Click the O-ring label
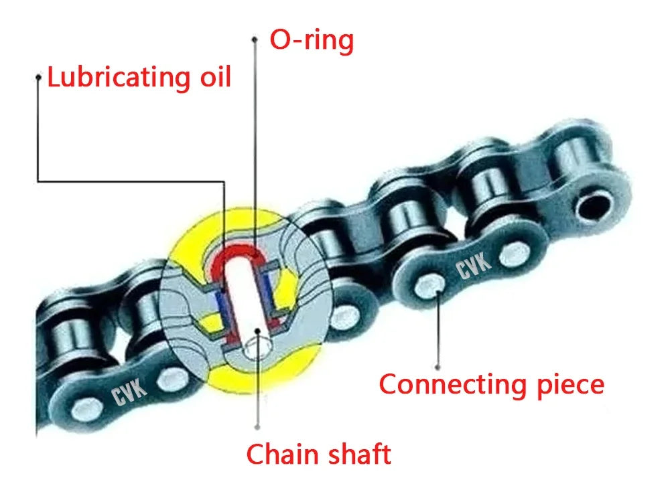coord(311,40)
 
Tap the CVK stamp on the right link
coord(474,267)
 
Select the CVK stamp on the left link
coord(129,392)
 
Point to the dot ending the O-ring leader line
coord(254,40)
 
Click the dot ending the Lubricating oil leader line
coord(39,78)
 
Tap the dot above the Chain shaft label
coord(257,426)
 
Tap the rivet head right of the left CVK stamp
coord(173,377)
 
